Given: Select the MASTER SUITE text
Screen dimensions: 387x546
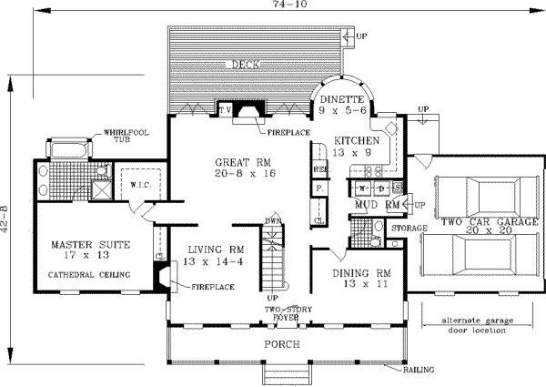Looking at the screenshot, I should point(90,245).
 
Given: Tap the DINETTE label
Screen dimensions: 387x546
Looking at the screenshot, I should point(341,98).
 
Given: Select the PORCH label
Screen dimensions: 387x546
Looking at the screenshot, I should point(281,345).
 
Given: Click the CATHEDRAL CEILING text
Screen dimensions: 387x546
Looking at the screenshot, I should point(90,274).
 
